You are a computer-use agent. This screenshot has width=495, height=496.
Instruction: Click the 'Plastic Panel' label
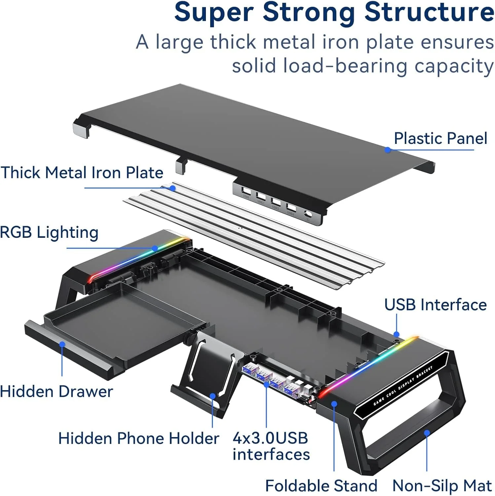(440, 138)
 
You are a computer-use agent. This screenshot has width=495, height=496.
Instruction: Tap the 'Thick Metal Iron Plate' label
(82, 173)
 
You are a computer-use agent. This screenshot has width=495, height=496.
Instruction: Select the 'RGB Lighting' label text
(49, 232)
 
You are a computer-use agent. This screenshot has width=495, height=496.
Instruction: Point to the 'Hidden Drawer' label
(57, 392)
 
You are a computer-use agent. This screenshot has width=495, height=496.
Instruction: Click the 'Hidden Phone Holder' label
(138, 438)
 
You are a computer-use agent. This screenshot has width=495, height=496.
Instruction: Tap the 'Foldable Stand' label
(321, 486)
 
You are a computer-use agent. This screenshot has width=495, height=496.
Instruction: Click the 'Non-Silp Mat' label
(442, 486)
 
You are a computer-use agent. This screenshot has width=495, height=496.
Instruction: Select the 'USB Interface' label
(435, 305)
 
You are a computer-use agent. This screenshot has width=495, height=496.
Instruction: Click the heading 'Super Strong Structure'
(334, 13)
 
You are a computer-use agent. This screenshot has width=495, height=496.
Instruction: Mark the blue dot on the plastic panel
(388, 150)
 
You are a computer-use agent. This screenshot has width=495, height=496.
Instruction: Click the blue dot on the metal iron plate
(172, 188)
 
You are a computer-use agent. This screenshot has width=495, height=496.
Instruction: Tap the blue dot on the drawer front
(62, 344)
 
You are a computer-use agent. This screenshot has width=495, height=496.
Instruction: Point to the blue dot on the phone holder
(213, 396)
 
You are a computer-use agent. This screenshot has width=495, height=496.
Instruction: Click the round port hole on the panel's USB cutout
(309, 214)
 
